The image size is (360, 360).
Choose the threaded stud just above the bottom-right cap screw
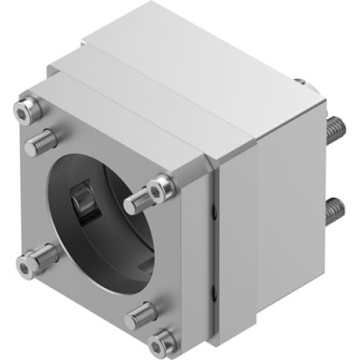coord(143,314)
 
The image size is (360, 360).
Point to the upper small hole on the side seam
coord(214,210)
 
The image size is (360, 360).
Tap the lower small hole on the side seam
coord(214,292)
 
